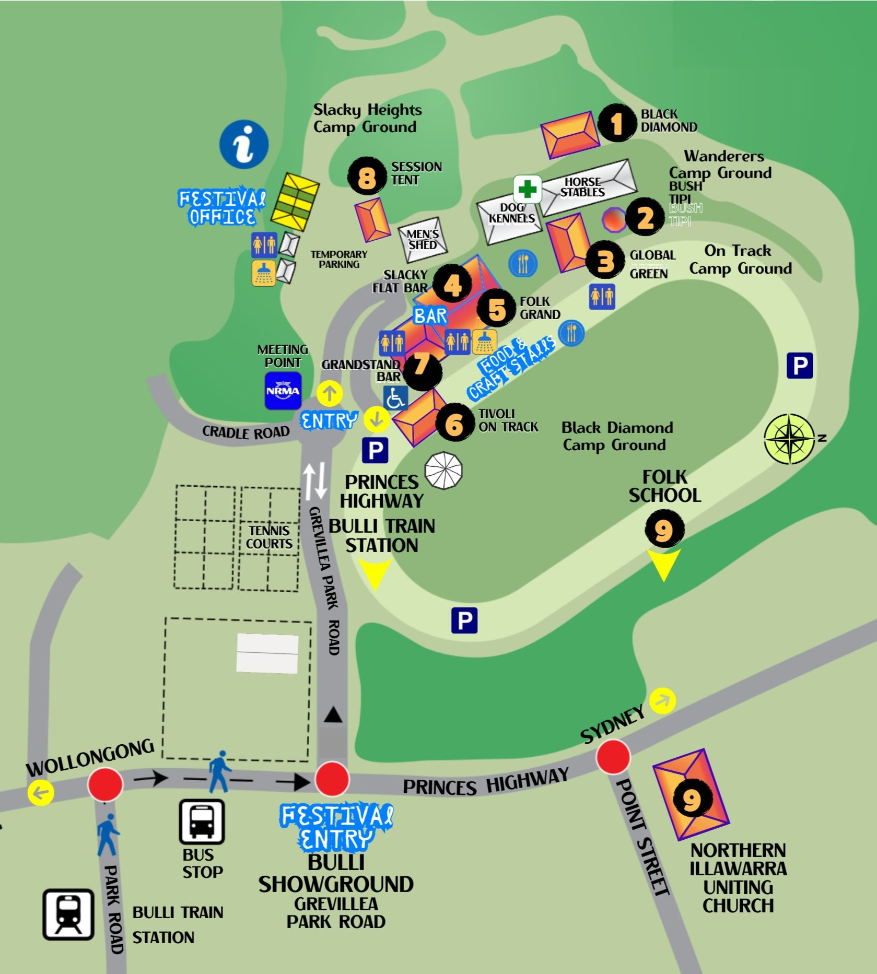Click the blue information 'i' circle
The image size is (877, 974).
(243, 144)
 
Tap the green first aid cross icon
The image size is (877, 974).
(527, 189)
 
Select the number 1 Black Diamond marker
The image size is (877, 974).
(617, 123)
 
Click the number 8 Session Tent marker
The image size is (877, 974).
(366, 177)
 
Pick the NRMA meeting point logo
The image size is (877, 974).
(283, 391)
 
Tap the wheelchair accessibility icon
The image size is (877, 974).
(395, 398)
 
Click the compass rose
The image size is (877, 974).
(789, 439)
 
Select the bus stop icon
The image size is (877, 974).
(202, 822)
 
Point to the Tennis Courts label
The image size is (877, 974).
(269, 537)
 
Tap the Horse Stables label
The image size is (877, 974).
(582, 187)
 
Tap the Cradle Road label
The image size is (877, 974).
(245, 432)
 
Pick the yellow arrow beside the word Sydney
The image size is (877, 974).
(662, 700)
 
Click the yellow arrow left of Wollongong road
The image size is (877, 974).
(41, 792)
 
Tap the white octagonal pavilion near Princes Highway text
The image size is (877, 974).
(443, 471)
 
